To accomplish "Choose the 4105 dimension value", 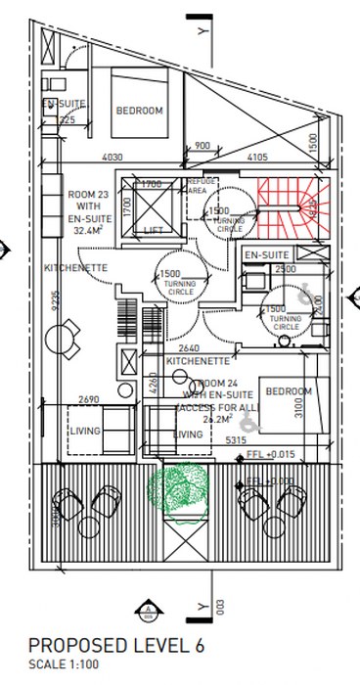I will point(256,156).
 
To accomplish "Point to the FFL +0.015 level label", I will point(271,454).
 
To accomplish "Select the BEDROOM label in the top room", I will point(139,111).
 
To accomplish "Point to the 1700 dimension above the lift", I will point(152,184).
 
